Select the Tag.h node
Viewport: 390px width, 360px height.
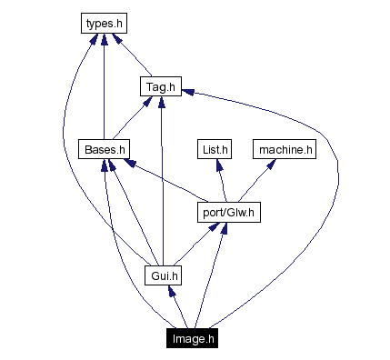tap(161, 86)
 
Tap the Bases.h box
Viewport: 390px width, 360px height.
tap(105, 149)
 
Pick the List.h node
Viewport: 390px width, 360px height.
tap(215, 149)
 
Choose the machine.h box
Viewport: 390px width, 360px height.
tap(285, 149)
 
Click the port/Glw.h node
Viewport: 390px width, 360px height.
tap(228, 213)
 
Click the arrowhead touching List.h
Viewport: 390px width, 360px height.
tap(217, 165)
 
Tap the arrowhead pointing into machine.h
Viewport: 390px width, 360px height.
tap(270, 165)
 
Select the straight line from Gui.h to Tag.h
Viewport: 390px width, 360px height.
tap(162, 182)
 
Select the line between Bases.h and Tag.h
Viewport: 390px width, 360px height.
tap(133, 117)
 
